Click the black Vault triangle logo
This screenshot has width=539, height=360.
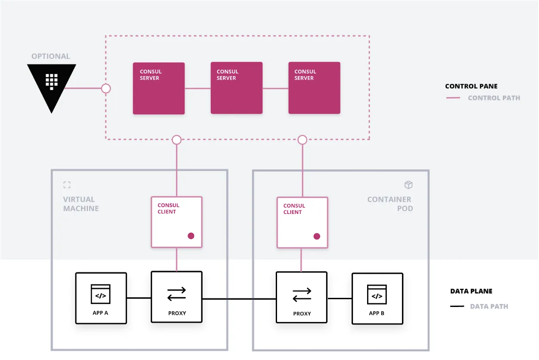pos(52,84)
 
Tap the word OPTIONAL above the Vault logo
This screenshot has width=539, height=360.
pos(50,56)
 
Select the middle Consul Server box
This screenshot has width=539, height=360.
pos(237,88)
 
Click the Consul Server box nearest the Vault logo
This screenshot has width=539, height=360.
pos(159,88)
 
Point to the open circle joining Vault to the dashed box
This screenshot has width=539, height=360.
pos(106,88)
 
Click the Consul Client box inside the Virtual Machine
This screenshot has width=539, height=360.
pos(177,222)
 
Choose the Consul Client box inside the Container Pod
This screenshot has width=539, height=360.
pos(302,222)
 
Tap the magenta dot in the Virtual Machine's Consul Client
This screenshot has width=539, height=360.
pos(191,236)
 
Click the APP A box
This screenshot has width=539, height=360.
pos(101,298)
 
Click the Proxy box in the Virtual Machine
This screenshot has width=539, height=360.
pos(177,297)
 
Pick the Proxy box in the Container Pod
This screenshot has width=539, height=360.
pos(302,297)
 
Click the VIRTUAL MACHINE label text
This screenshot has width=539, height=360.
pos(81,204)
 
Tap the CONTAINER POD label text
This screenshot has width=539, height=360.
pos(389,204)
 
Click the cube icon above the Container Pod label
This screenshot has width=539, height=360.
pos(408,185)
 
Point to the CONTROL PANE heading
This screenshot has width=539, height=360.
pos(471,86)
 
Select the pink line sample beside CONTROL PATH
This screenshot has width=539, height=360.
pos(453,98)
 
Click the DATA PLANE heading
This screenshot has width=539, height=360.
pos(471,291)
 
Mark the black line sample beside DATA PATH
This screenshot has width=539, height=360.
pos(457,307)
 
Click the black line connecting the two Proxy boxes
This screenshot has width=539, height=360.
pos(239,299)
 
